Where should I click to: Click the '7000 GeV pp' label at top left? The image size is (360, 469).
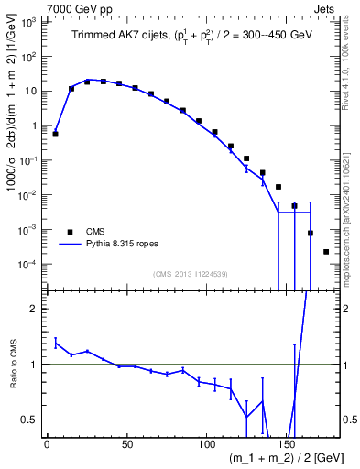tap(73, 7)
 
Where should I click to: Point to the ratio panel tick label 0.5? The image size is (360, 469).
tap(29, 420)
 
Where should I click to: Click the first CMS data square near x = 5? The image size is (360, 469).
tap(55, 134)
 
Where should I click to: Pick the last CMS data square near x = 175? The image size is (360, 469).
tap(327, 251)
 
